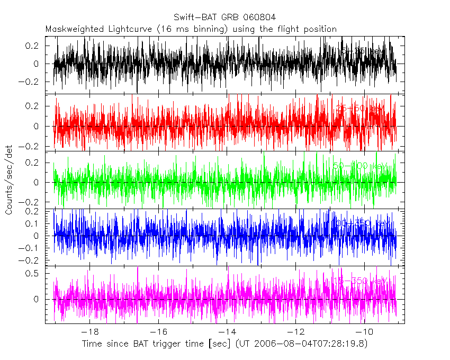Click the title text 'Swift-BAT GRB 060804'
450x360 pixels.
coord(224,18)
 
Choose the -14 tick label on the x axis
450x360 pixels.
coord(227,332)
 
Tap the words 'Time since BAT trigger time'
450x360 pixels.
coord(142,344)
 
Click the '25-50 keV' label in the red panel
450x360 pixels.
coord(360,109)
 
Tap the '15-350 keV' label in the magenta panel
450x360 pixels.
coord(360,281)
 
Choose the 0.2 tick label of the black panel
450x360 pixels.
coord(37,46)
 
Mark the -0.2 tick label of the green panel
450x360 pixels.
coord(33,202)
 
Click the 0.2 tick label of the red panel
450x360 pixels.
coord(37,106)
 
